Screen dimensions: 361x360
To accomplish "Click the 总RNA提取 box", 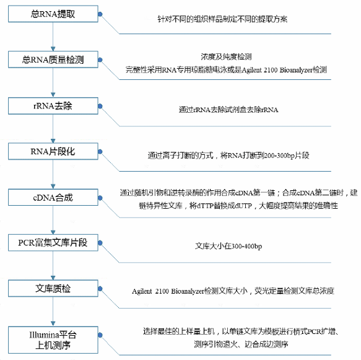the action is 53,14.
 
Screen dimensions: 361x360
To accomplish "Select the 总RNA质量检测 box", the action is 53,59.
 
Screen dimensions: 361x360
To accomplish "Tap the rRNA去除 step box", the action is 53,106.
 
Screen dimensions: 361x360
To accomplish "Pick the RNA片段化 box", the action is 53,151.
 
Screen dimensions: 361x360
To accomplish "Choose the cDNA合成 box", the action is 53,198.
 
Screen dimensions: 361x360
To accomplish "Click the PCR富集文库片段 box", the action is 53,243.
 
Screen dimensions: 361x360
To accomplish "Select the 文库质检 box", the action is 53,288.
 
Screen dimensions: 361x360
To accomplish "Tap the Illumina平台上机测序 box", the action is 53,340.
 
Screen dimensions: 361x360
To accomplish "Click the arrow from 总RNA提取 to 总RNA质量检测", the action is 53,37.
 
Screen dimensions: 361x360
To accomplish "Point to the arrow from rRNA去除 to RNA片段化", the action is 53,129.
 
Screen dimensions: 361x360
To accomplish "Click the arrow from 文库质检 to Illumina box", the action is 53,312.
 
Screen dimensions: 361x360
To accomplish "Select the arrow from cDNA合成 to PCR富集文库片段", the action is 53,220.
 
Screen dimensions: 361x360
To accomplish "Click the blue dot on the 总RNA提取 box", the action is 100,14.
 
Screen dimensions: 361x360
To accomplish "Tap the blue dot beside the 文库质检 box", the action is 100,289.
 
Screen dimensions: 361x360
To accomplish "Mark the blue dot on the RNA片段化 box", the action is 100,152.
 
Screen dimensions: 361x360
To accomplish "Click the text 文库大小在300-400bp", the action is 228,246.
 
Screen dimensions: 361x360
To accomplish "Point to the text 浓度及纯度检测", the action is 226,56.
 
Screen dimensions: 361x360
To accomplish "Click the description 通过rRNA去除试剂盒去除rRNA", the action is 228,110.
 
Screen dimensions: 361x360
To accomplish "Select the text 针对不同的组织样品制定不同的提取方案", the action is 222,19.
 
